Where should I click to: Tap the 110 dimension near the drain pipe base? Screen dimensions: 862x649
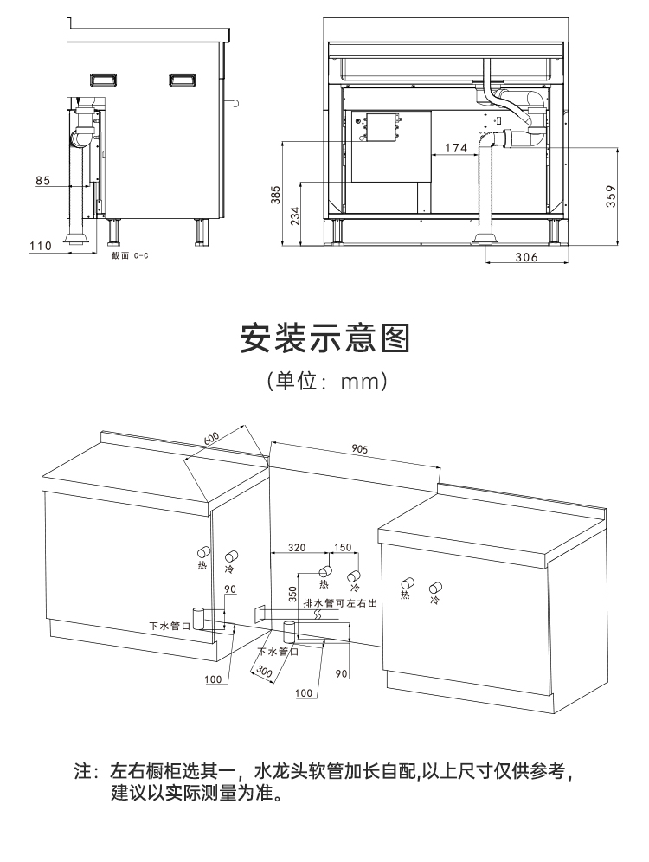click(41, 246)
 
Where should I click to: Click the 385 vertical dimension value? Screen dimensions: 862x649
click(276, 196)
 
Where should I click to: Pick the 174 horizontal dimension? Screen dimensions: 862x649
click(456, 148)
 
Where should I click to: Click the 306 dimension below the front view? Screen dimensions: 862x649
click(527, 257)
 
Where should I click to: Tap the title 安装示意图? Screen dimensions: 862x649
click(324, 338)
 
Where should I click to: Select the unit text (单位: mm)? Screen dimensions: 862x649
click(324, 381)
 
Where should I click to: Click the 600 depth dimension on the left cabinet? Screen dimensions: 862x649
click(211, 439)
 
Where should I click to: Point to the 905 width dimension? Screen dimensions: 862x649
click(361, 449)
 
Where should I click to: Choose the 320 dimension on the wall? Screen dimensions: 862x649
click(297, 547)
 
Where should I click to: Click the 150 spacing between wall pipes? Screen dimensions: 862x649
click(343, 547)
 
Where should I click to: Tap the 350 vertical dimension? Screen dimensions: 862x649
click(292, 595)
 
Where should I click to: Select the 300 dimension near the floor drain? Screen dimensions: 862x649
click(265, 671)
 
